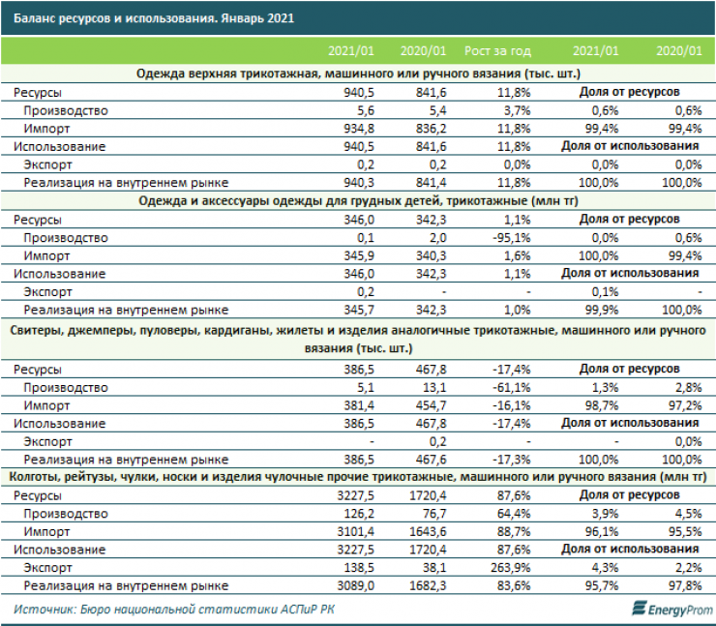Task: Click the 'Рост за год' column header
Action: coord(498,49)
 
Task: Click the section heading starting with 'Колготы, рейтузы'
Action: coord(358,477)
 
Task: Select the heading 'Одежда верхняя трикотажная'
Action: coord(358,74)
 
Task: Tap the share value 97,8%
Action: coord(679,586)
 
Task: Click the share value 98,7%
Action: coord(597,405)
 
